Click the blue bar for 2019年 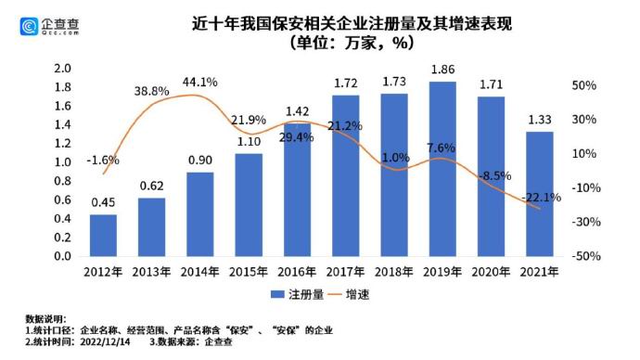(442, 169)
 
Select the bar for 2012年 (103, 236)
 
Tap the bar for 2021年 (540, 194)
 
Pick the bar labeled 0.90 (200, 214)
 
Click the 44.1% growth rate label (200, 82)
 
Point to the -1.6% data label (103, 160)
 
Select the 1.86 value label (442, 70)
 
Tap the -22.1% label (542, 198)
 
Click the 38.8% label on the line (151, 91)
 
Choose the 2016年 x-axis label (297, 272)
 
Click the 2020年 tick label (491, 272)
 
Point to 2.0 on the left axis (62, 68)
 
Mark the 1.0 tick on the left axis (62, 162)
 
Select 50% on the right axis (584, 85)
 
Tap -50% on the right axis (586, 256)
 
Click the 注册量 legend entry (298, 294)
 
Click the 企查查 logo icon (29, 27)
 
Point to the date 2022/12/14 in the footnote (105, 341)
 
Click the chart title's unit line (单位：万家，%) (352, 43)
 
